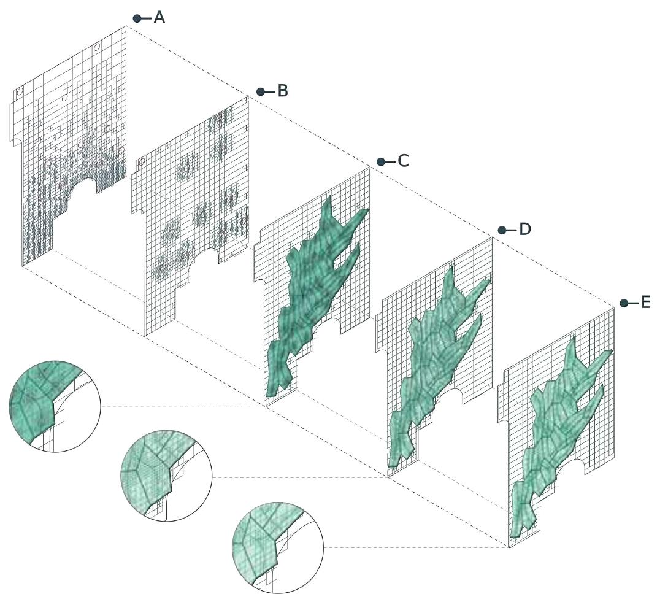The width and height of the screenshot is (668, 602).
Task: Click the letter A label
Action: pos(159,18)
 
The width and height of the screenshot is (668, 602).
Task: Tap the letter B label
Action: pos(282,91)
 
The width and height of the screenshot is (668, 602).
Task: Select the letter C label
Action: pos(403,161)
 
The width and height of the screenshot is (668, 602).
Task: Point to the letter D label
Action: pos(525,230)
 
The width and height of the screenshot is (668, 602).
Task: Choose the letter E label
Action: pos(645,303)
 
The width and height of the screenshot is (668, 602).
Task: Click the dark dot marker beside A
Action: pos(137,18)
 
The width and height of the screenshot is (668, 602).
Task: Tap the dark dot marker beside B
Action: pos(260,91)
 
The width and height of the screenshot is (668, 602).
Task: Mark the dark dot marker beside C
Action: pos(381,162)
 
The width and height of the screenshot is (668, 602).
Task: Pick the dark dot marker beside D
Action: pos(502,230)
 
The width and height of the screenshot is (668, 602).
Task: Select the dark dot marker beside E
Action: pos(624,303)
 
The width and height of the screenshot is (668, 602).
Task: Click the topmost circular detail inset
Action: pos(55,406)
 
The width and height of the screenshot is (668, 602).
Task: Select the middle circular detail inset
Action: pos(167,476)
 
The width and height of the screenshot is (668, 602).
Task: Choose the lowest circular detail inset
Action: pos(278,548)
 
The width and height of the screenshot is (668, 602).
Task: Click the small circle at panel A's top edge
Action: pos(97,46)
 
